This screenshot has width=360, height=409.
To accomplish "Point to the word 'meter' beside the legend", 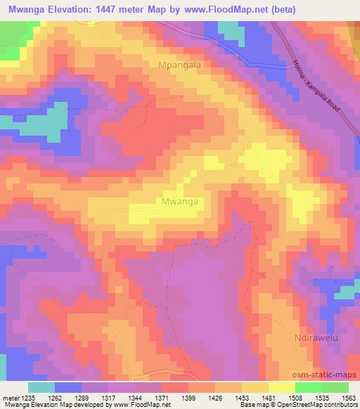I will pyautogui.click(x=8, y=397).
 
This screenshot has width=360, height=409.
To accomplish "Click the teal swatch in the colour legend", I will pyautogui.click(x=41, y=387).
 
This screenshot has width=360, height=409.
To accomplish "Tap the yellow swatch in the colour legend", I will pyautogui.click(x=282, y=387).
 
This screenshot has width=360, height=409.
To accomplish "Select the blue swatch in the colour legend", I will pyautogui.click(x=68, y=387).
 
